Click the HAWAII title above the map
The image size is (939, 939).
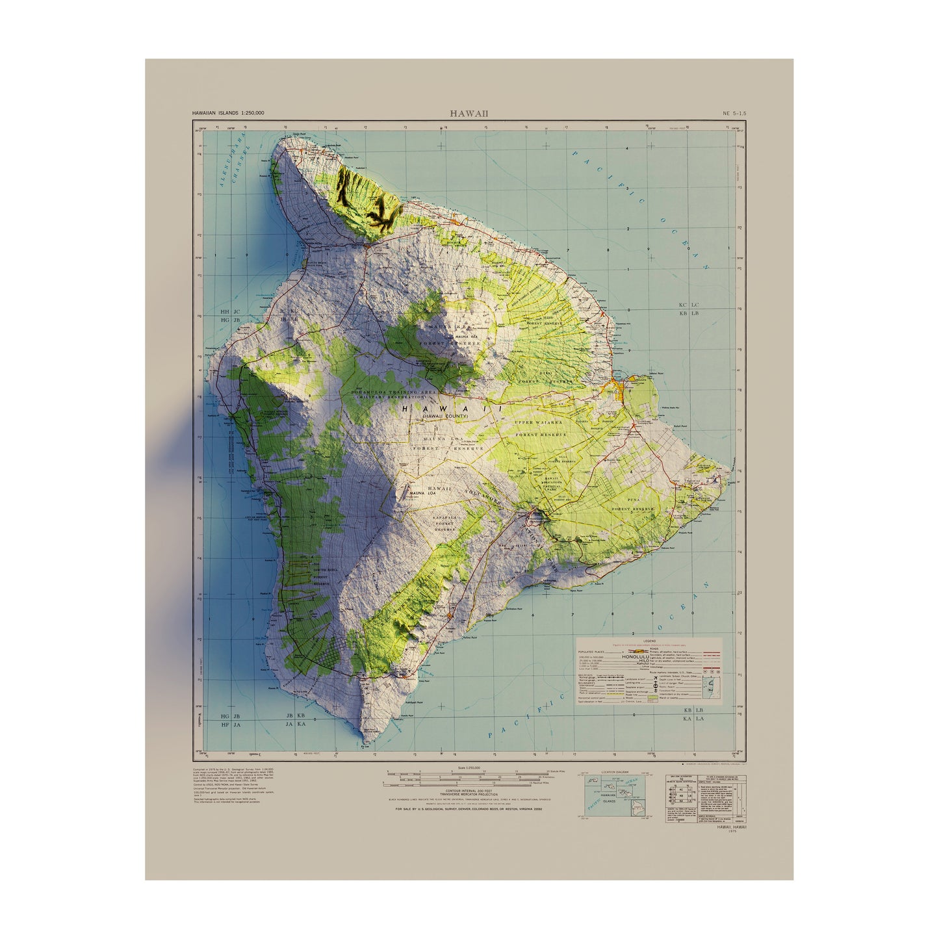pyautogui.click(x=469, y=114)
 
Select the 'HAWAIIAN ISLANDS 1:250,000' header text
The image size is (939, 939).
pyautogui.click(x=227, y=113)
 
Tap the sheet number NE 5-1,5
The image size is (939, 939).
pyautogui.click(x=734, y=113)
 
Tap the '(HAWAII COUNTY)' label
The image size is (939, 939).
pyautogui.click(x=445, y=415)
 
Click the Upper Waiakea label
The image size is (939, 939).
pyautogui.click(x=536, y=422)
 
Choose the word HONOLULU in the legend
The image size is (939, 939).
pyautogui.click(x=639, y=656)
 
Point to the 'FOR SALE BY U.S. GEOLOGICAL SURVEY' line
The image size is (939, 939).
pyautogui.click(x=468, y=809)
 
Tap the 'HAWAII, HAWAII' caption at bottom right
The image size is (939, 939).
pyautogui.click(x=732, y=827)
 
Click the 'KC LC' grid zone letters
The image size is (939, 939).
pyautogui.click(x=688, y=304)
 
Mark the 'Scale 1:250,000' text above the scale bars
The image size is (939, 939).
pyautogui.click(x=469, y=768)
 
